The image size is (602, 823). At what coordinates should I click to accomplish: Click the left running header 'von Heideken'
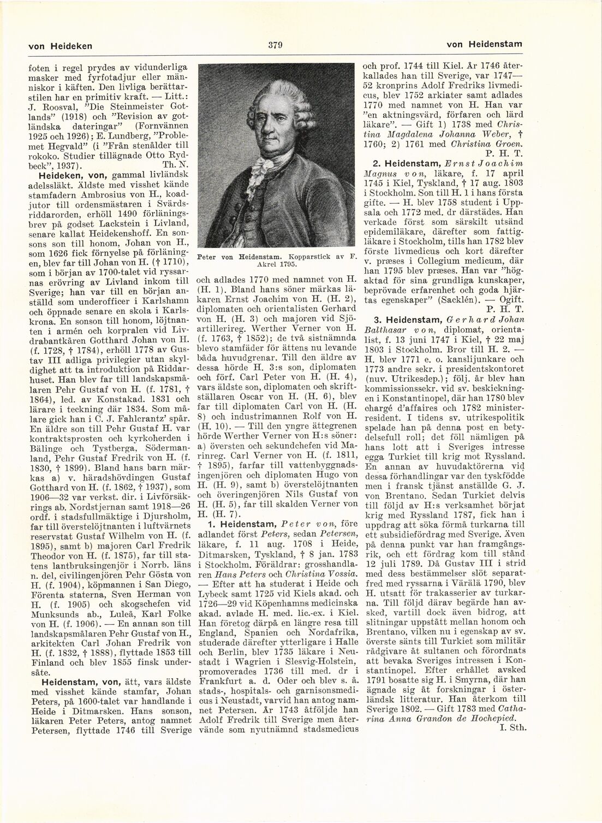tap(59, 45)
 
